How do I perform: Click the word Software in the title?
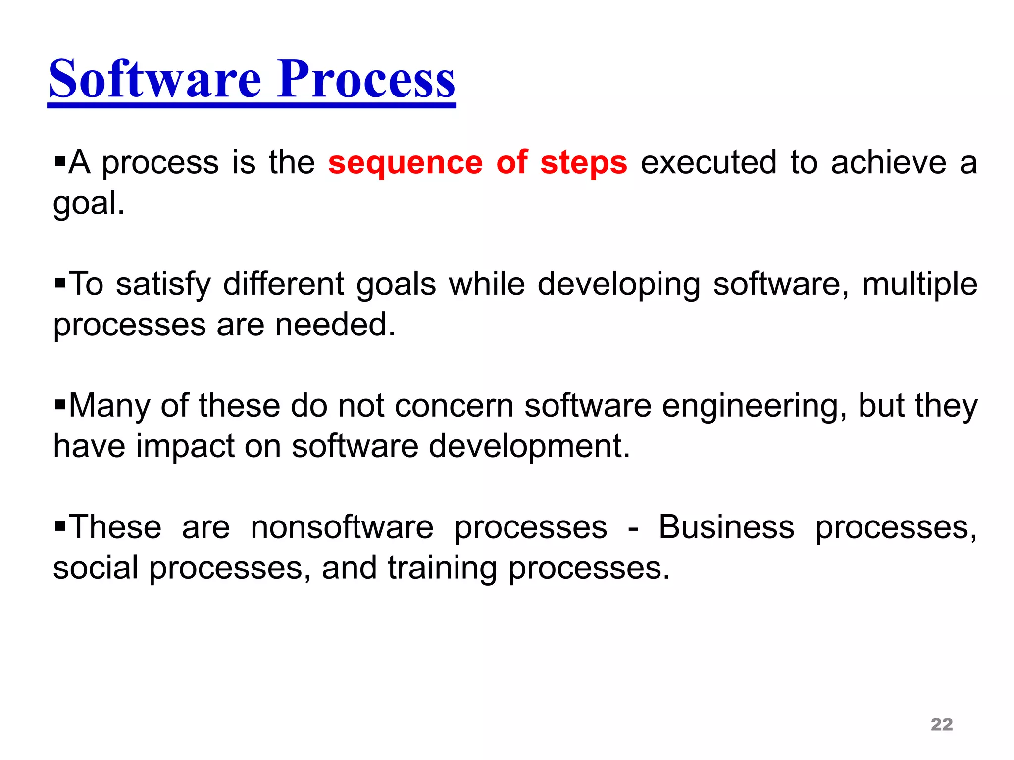[x=154, y=79]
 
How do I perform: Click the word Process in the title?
[x=366, y=79]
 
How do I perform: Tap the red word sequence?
[x=405, y=163]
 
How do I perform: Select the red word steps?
[x=584, y=163]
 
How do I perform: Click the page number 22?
[x=941, y=724]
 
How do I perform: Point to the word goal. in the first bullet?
[x=89, y=204]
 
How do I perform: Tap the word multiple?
[x=919, y=285]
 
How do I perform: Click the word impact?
[x=185, y=447]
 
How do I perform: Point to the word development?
[x=529, y=447]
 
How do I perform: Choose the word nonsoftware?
[x=342, y=527]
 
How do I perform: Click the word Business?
[x=726, y=527]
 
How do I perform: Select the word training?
[x=442, y=569]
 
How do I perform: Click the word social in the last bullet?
[x=96, y=568]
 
